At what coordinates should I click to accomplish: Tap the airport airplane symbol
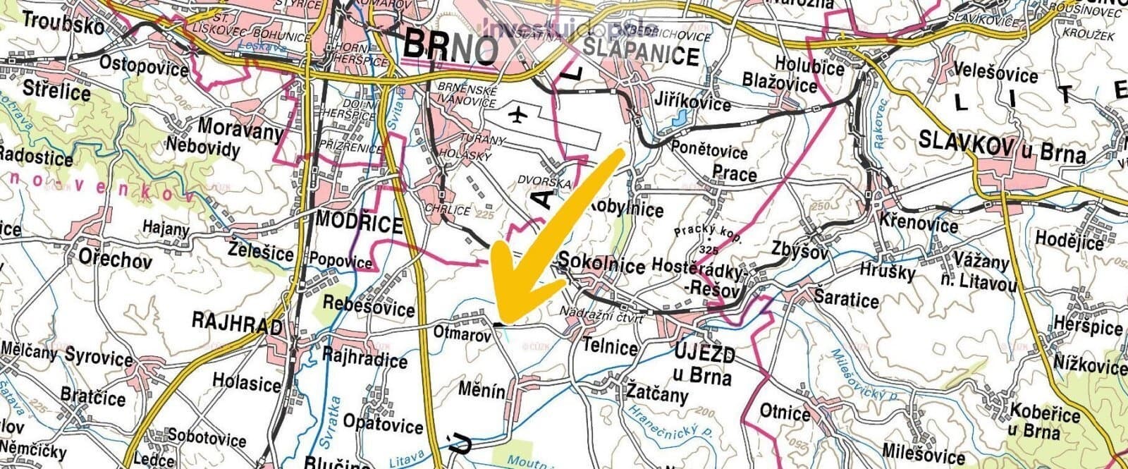[520, 114]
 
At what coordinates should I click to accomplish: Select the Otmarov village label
[462, 334]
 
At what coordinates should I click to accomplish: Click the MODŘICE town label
[360, 223]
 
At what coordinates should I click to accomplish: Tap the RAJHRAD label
[236, 324]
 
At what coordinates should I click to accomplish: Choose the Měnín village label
[482, 389]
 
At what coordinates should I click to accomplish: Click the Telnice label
[611, 347]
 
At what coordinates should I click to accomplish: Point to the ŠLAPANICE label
[642, 56]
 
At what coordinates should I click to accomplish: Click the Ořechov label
[115, 259]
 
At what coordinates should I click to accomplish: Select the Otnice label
[785, 412]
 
